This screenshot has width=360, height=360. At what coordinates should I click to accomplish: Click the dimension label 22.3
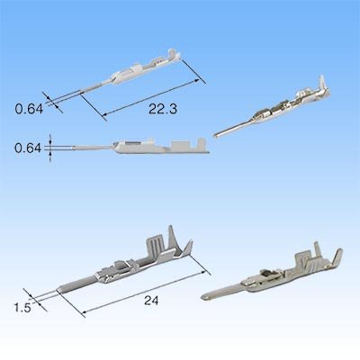pos(163,109)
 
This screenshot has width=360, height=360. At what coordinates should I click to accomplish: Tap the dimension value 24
pos(151,301)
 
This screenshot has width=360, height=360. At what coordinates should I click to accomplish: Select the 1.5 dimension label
pos(22,308)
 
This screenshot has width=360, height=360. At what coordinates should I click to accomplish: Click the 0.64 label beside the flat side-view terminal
pos(28,148)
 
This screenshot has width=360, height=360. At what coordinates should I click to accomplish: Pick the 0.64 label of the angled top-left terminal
pos(29,109)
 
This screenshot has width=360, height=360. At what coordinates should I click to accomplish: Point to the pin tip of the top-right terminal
pos(216,135)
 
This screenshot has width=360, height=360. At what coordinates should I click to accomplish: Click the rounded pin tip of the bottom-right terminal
pos(204,298)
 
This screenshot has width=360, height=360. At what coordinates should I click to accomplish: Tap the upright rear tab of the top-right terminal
pos(323,84)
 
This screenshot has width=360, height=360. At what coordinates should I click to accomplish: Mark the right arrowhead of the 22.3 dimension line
pos(197,80)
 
